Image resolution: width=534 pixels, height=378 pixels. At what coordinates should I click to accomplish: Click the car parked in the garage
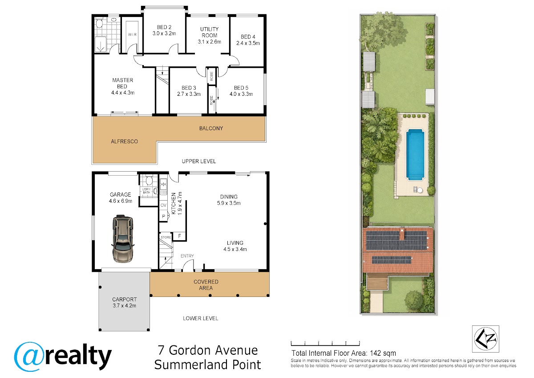(x=122, y=238)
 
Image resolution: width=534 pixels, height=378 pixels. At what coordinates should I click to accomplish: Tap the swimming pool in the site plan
(x=415, y=154)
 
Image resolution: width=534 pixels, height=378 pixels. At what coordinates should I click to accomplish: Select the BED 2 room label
(x=164, y=27)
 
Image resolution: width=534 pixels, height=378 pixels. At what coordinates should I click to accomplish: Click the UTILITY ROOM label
(x=209, y=32)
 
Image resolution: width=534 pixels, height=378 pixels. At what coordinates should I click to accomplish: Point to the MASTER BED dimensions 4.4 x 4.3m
(x=123, y=93)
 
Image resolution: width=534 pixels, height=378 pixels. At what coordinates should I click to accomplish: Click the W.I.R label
(x=132, y=35)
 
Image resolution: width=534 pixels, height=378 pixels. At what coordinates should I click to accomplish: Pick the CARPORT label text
(x=125, y=299)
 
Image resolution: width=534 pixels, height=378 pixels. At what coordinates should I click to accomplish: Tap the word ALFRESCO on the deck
(x=125, y=141)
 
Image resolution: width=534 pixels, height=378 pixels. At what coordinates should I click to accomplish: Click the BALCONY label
(x=211, y=128)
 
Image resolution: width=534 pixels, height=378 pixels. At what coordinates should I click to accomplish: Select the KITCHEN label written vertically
(x=174, y=203)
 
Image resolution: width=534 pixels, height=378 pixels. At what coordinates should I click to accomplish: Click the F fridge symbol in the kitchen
(x=179, y=236)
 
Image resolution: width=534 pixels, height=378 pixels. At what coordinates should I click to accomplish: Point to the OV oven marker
(x=163, y=205)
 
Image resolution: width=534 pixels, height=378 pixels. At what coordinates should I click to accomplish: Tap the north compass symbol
(x=485, y=339)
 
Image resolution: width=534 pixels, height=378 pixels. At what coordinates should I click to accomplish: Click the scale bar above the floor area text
(x=325, y=344)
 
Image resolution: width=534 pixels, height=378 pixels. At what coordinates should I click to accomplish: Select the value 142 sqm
(x=383, y=353)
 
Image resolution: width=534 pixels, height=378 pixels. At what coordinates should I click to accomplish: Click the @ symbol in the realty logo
(x=29, y=357)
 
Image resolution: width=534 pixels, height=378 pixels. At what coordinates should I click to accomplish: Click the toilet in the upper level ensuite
(x=99, y=23)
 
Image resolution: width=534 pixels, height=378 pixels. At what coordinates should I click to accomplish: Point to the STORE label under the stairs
(x=166, y=237)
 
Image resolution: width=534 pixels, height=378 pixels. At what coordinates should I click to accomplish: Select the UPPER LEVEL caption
(x=199, y=161)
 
